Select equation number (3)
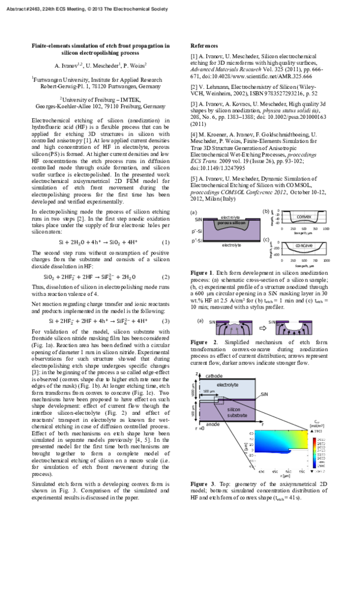[166, 321]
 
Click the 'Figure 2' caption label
[202, 342]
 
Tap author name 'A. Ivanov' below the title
[67, 65]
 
